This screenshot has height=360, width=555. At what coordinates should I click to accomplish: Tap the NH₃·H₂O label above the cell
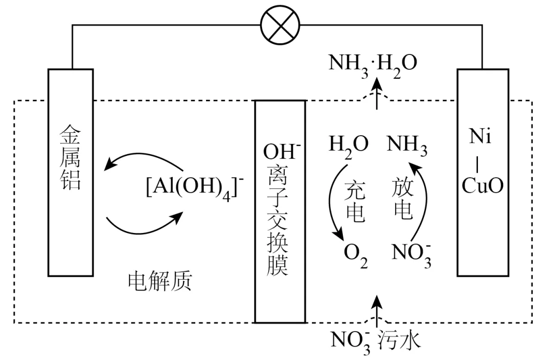click(373, 63)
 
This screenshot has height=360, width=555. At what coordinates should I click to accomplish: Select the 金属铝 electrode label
click(70, 159)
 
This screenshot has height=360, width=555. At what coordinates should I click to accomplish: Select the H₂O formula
click(349, 146)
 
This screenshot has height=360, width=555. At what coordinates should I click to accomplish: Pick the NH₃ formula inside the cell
click(407, 146)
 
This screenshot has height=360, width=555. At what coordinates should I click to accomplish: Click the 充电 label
click(355, 201)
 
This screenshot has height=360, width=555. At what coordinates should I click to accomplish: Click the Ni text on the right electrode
click(480, 137)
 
